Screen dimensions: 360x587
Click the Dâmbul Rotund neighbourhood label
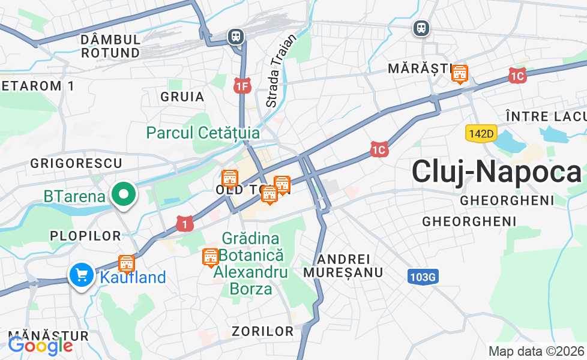pyautogui.click(x=110, y=46)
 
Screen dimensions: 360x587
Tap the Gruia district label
pyautogui.click(x=182, y=97)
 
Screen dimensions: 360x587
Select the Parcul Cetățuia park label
pyautogui.click(x=203, y=133)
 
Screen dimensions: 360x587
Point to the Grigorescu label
pyautogui.click(x=76, y=163)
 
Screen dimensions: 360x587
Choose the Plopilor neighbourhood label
pyautogui.click(x=86, y=236)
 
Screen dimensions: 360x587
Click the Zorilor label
pyautogui.click(x=263, y=331)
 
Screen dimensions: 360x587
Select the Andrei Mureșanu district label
pyautogui.click(x=343, y=266)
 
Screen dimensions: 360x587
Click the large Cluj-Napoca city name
pyautogui.click(x=496, y=172)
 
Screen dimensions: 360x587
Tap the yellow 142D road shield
pyautogui.click(x=481, y=133)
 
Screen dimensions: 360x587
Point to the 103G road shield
pyautogui.click(x=423, y=277)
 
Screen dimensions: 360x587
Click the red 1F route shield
pyautogui.click(x=242, y=86)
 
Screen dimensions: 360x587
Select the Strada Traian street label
pyautogui.click(x=281, y=71)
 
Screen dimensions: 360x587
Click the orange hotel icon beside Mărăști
pyautogui.click(x=460, y=74)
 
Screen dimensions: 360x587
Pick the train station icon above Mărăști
pyautogui.click(x=421, y=28)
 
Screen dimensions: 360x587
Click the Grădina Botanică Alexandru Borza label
pyautogui.click(x=251, y=264)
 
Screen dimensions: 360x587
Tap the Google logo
pyautogui.click(x=40, y=346)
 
